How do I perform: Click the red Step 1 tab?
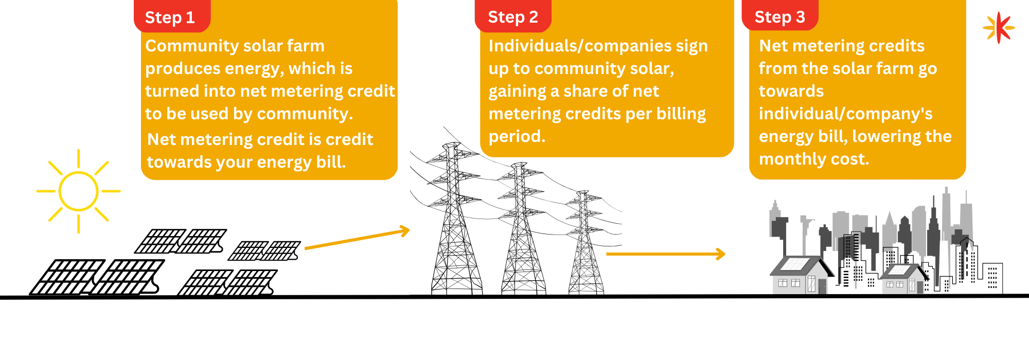172,16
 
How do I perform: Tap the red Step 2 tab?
513,16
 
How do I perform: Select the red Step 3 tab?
780,16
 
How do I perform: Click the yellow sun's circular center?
78,191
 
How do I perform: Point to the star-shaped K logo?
999,27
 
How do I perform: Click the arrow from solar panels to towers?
357,238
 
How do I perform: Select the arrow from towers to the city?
666,254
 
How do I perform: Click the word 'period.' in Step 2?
517,137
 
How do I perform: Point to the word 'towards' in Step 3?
791,91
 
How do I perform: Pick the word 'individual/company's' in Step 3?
845,114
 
